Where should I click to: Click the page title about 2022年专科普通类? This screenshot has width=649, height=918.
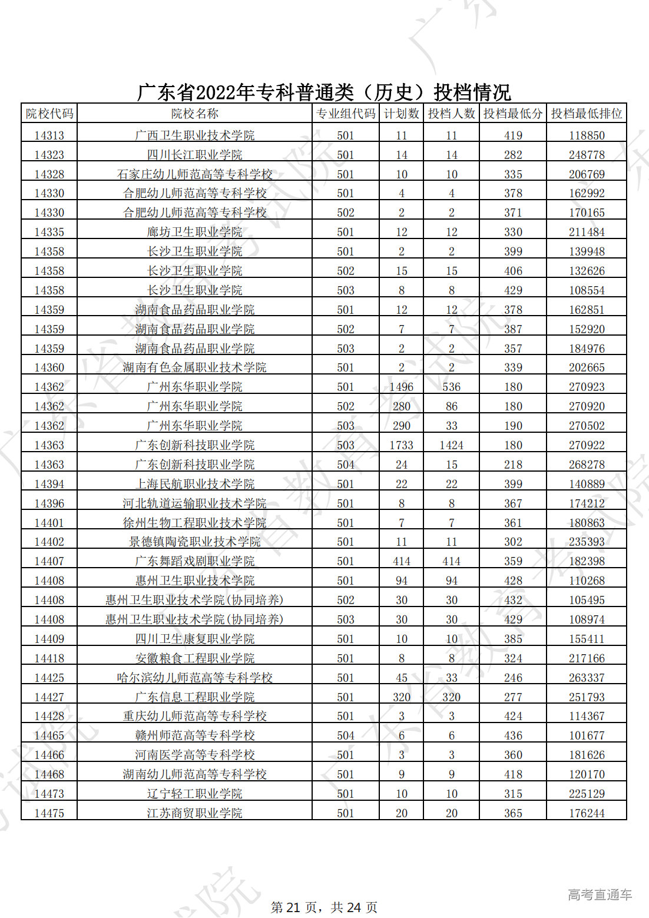pyautogui.click(x=324, y=92)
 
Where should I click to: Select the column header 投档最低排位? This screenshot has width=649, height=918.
pyautogui.click(x=586, y=114)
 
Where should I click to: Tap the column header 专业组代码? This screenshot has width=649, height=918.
pyautogui.click(x=345, y=114)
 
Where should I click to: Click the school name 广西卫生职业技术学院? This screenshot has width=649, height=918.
pyautogui.click(x=194, y=135)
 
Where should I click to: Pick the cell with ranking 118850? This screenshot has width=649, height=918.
pyautogui.click(x=586, y=135)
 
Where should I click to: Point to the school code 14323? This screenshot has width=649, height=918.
pyautogui.click(x=49, y=155)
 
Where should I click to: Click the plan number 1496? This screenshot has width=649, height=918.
pyautogui.click(x=401, y=387)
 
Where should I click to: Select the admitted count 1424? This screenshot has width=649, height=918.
pyautogui.click(x=451, y=445)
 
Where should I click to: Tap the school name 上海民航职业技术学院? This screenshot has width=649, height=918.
pyautogui.click(x=194, y=484)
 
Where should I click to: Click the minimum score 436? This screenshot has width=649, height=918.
pyautogui.click(x=512, y=735)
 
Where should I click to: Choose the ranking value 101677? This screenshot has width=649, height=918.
pyautogui.click(x=586, y=735)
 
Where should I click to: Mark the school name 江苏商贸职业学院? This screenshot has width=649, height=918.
pyautogui.click(x=194, y=813)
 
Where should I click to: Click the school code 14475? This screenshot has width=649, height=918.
pyautogui.click(x=49, y=813)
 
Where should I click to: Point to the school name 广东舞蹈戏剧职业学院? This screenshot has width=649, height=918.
pyautogui.click(x=194, y=561)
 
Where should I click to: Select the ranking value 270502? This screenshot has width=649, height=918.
pyautogui.click(x=586, y=426)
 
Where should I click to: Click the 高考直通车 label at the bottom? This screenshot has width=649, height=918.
pyautogui.click(x=600, y=894)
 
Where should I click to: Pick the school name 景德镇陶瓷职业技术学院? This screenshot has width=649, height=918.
pyautogui.click(x=194, y=542)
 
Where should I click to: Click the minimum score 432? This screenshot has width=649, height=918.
pyautogui.click(x=512, y=600)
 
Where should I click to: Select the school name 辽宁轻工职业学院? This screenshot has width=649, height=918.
pyautogui.click(x=194, y=794)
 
